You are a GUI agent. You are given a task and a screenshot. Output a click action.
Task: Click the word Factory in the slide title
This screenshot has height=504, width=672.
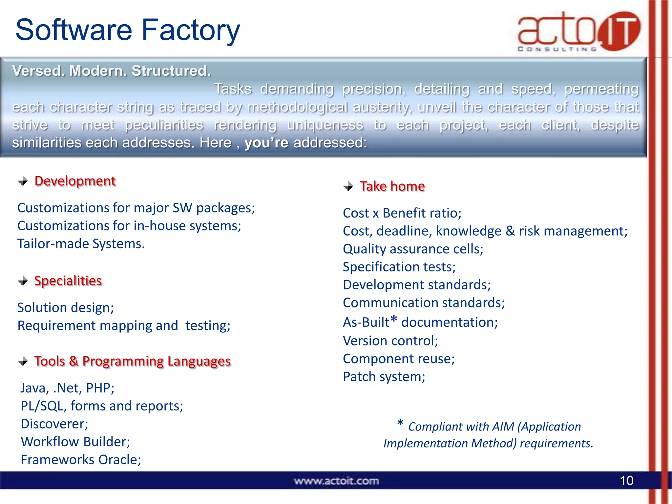pyautogui.click(x=191, y=30)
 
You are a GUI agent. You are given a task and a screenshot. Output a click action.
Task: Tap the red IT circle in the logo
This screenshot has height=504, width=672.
pyautogui.click(x=619, y=31)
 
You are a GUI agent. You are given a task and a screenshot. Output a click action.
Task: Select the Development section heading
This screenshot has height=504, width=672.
pyautogui.click(x=75, y=181)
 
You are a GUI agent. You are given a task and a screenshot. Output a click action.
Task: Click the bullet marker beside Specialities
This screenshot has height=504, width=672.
pyautogui.click(x=23, y=281)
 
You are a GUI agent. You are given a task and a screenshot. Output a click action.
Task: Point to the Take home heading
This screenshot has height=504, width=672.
pyautogui.click(x=392, y=186)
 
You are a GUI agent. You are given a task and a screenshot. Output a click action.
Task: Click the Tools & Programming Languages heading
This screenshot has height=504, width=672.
pyautogui.click(x=133, y=361)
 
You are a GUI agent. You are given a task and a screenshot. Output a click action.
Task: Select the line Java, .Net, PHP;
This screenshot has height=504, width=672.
pyautogui.click(x=67, y=388)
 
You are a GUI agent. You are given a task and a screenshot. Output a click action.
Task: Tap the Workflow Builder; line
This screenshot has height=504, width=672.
pyautogui.click(x=75, y=442)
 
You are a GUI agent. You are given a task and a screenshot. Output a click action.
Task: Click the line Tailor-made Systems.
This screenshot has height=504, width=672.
pyautogui.click(x=81, y=244)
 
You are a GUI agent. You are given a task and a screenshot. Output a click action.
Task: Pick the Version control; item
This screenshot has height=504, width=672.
pyautogui.click(x=390, y=341)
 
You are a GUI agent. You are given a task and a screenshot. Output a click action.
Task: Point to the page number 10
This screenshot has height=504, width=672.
pyautogui.click(x=626, y=481)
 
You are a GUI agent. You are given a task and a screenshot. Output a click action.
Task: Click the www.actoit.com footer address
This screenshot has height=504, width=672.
pyautogui.click(x=336, y=481)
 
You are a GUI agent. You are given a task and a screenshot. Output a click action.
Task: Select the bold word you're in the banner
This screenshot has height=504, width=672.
pyautogui.click(x=266, y=143)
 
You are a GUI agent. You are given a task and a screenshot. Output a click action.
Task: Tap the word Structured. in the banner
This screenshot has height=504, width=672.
pyautogui.click(x=171, y=71)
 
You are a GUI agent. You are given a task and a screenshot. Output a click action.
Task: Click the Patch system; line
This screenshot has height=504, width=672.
pyautogui.click(x=384, y=377)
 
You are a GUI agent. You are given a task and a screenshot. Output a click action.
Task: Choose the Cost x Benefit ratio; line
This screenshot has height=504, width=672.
pyautogui.click(x=402, y=213)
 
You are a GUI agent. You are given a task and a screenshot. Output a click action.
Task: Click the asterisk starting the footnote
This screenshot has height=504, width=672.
pyautogui.click(x=400, y=423)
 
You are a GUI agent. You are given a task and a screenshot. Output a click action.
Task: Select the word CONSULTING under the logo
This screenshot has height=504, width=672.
pyautogui.click(x=557, y=49)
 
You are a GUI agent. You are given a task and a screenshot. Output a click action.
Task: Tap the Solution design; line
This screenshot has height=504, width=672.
pyautogui.click(x=66, y=308)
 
